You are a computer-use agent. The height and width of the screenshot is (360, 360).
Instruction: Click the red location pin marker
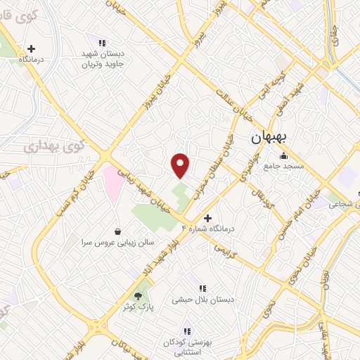181,165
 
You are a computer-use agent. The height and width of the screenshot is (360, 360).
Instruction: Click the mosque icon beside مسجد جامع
283,155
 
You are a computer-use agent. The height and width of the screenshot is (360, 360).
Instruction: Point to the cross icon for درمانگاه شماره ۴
207,218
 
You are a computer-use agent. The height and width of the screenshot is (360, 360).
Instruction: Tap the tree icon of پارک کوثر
139,295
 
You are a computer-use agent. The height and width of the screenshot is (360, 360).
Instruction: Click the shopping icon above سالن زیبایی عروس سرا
117,231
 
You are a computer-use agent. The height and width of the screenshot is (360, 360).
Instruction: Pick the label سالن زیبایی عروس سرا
114,241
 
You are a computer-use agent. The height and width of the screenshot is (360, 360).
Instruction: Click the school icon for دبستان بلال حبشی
202,288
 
